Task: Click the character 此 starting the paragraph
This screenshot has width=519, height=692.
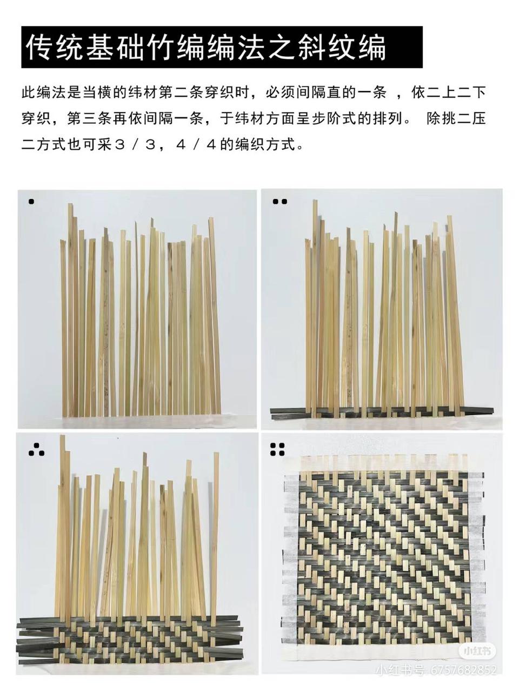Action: point(29,93)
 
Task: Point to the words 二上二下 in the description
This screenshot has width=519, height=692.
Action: point(456,93)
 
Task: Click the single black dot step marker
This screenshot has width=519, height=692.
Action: point(31,202)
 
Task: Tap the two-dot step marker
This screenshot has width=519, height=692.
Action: point(280,202)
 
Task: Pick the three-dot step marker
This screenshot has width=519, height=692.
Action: point(36,450)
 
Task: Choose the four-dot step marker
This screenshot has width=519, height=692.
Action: point(277,450)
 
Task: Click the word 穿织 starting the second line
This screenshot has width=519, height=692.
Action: point(36,119)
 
